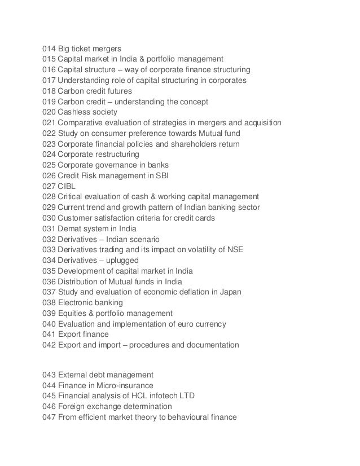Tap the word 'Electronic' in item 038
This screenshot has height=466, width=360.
[x=77, y=302]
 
